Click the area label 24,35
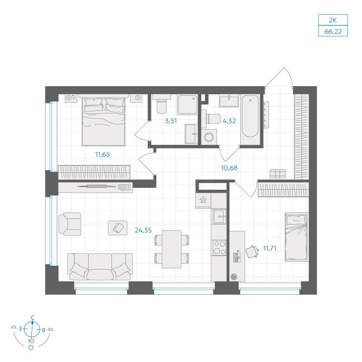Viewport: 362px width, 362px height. click(x=143, y=230)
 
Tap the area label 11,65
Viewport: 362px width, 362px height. click(x=102, y=155)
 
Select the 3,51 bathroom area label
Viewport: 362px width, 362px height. click(x=171, y=121)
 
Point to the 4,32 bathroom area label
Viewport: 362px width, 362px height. click(x=229, y=121)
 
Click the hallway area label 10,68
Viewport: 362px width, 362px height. click(x=229, y=168)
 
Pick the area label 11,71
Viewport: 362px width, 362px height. click(x=270, y=248)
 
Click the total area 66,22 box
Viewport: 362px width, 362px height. click(x=333, y=31)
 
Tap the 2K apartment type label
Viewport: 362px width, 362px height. click(x=333, y=20)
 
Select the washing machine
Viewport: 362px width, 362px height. click(x=209, y=137)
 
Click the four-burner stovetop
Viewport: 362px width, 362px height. click(x=219, y=248)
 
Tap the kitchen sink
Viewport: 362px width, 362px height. click(x=220, y=216)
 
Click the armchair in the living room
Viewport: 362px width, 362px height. click(x=70, y=224)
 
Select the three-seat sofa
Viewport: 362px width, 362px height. click(x=100, y=267)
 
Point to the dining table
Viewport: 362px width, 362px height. click(x=172, y=249)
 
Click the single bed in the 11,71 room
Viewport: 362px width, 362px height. click(x=297, y=237)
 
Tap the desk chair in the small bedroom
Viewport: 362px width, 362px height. click(x=252, y=252)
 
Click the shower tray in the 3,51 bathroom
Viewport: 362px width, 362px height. click(x=188, y=104)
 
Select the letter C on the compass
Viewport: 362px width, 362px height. click(x=33, y=318)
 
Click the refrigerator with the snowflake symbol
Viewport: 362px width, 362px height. click(x=203, y=201)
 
